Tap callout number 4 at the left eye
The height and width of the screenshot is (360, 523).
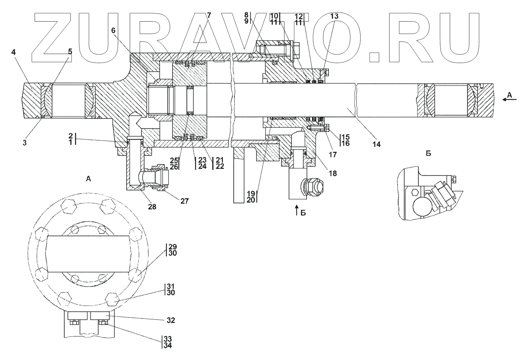tap(14, 52)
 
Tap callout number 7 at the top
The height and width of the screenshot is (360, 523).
tap(209, 15)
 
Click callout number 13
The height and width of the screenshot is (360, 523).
tap(334, 16)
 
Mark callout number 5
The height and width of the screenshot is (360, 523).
tap(70, 52)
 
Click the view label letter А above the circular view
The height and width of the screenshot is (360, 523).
tap(88, 178)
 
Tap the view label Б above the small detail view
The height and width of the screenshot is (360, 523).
tap(428, 153)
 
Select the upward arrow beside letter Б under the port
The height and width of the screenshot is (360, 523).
tap(297, 210)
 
